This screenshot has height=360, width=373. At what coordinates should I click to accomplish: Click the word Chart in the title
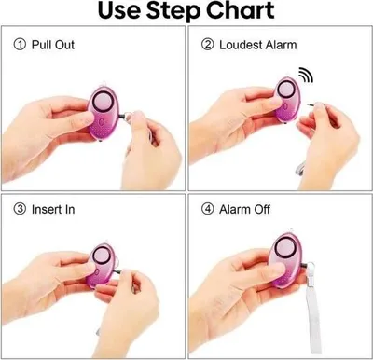(240, 10)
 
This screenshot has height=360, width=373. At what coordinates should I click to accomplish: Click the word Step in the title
(173, 11)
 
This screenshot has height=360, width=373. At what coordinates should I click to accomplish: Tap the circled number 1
(20, 45)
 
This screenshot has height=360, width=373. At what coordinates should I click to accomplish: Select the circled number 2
(207, 45)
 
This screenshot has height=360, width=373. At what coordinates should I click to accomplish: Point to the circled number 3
(20, 209)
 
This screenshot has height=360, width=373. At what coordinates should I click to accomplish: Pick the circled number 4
(207, 209)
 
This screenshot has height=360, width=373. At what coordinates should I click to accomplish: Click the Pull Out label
(53, 45)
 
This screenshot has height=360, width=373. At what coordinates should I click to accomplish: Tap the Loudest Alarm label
(258, 45)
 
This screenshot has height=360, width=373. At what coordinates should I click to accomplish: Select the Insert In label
(53, 209)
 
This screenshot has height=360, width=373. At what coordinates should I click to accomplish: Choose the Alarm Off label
(244, 209)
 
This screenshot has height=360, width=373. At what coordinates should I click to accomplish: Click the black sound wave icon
(306, 75)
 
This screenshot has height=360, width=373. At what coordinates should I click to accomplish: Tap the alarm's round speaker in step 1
(102, 100)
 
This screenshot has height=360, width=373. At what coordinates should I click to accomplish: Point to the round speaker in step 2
(286, 90)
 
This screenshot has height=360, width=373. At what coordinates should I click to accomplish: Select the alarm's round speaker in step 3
(102, 256)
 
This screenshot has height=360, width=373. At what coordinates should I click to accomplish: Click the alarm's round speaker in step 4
(283, 248)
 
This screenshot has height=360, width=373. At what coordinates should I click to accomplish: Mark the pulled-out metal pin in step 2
(311, 105)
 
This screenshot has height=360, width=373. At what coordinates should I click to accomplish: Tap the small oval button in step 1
(101, 122)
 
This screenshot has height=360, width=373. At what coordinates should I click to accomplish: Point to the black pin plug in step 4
(305, 266)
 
